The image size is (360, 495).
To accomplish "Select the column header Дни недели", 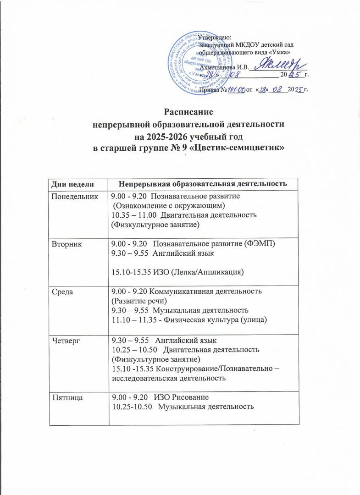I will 71,184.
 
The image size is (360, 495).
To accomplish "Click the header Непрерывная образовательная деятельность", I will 203,184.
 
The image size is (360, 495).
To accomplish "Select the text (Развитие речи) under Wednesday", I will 139,300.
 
